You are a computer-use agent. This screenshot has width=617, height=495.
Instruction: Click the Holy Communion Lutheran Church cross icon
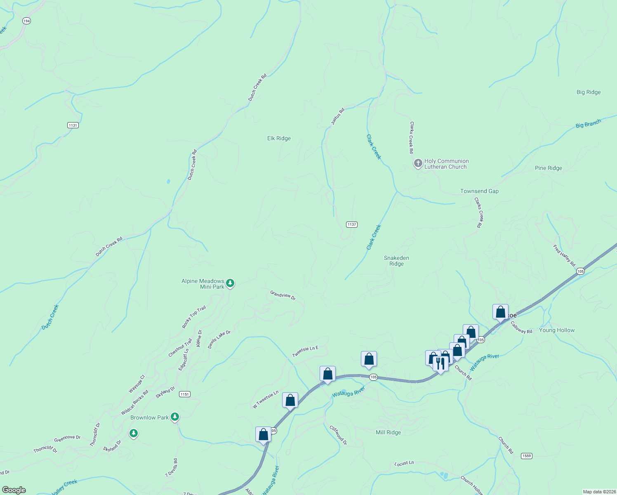pos(418,164)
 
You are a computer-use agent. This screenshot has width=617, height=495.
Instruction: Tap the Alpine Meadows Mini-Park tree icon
pos(230,283)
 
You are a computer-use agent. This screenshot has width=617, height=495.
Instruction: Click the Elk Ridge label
pos(279,139)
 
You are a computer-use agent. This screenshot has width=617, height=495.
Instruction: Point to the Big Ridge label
pos(589,92)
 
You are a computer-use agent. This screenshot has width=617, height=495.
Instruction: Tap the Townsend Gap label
pos(479,191)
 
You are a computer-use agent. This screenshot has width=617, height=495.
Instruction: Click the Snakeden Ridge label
pos(396,261)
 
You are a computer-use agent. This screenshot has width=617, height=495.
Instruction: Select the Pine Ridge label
pos(548,168)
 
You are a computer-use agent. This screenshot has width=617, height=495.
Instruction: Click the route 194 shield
pos(26,21)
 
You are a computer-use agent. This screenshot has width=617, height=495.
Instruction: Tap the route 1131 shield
pos(73,125)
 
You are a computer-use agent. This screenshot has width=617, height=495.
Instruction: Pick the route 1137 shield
pos(351,225)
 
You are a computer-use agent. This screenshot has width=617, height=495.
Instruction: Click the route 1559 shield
pos(526,456)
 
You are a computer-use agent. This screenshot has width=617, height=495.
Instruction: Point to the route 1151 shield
pos(184,394)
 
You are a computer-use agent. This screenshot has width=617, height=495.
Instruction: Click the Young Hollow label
pos(556,330)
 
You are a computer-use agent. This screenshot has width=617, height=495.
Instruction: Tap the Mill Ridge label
pos(388,433)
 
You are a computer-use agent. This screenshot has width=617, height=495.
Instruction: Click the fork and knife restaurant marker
pos(440,364)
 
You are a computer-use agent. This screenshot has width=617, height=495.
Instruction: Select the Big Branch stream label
pos(588,123)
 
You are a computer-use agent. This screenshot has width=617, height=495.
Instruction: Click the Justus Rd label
pos(337,117)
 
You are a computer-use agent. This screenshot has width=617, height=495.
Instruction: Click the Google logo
pos(14,490)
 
